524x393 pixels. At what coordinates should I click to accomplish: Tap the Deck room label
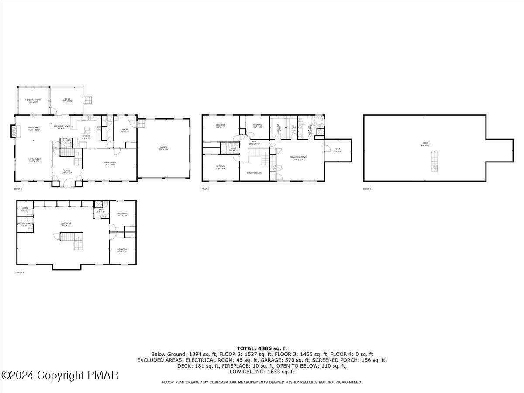(x=67, y=100)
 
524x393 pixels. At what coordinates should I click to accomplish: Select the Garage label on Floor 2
(x=164, y=148)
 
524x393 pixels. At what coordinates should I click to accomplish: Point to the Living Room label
(x=110, y=163)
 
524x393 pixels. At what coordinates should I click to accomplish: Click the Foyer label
(x=67, y=172)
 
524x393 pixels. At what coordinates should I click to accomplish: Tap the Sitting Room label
(x=34, y=160)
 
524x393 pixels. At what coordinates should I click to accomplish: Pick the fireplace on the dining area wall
(x=14, y=131)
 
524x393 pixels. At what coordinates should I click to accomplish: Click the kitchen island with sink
(x=86, y=130)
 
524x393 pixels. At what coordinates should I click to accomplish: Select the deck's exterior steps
(x=89, y=100)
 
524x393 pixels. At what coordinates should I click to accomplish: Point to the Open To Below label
(x=254, y=173)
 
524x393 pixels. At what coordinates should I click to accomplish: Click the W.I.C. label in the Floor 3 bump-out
(x=338, y=150)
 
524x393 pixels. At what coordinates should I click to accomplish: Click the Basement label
(x=66, y=224)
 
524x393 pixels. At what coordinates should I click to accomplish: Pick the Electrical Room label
(x=24, y=224)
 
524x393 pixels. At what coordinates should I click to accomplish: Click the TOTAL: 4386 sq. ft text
(x=262, y=348)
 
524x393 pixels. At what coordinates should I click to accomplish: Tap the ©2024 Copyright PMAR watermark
(x=60, y=375)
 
